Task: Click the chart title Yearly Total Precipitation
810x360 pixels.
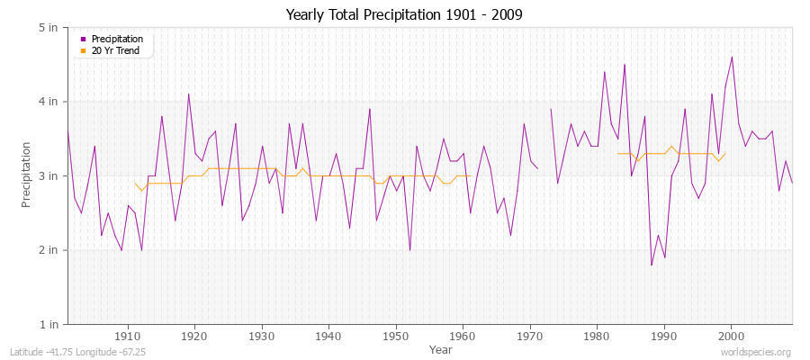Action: (x=404, y=15)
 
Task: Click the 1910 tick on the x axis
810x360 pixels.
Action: (x=128, y=336)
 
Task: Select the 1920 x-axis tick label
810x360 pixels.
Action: (x=194, y=336)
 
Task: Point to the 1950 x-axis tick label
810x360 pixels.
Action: (x=395, y=336)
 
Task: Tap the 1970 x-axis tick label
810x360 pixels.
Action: (x=529, y=336)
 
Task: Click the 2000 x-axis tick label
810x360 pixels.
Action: (x=731, y=336)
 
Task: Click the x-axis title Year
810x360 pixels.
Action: (x=441, y=348)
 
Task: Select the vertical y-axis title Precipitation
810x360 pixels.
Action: (x=28, y=175)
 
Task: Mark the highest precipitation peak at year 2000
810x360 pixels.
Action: (x=732, y=58)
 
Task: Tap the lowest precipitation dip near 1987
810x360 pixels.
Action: (x=651, y=265)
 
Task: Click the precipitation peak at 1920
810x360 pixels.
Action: (x=188, y=94)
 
